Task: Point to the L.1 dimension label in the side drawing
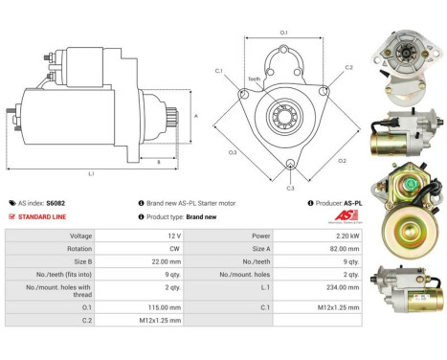point(91,173)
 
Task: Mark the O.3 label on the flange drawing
point(234,152)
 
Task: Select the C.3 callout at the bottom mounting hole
point(290,188)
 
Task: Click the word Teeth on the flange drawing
point(254,79)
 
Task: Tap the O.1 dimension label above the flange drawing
point(283,34)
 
